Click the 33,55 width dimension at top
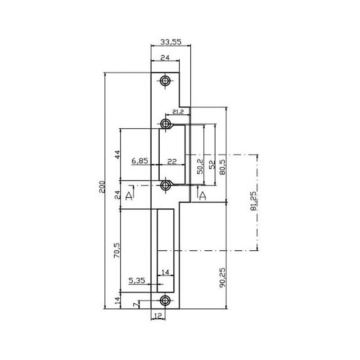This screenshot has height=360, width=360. [x=171, y=42]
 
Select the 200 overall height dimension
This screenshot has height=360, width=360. [x=102, y=187]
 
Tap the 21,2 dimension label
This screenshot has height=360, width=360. [x=178, y=112]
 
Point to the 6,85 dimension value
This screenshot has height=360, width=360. [x=139, y=161]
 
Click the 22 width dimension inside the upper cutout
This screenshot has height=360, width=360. [x=172, y=162]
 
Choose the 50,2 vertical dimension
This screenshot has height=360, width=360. [x=200, y=166]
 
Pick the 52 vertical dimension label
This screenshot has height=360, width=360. [x=212, y=164]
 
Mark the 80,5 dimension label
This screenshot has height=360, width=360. [x=222, y=167]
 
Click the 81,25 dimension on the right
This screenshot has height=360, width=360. [x=253, y=201]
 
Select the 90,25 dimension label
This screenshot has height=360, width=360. [x=222, y=277]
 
